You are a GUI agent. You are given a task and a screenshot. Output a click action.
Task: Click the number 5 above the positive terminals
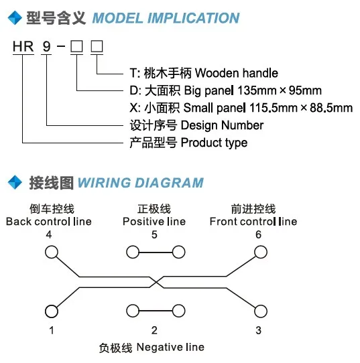tap(154, 235)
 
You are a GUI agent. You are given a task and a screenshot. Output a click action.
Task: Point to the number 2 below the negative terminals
tap(154, 330)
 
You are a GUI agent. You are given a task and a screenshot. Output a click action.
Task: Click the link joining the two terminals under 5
tap(156, 252)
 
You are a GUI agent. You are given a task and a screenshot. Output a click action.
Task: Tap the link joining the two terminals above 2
tap(156, 311)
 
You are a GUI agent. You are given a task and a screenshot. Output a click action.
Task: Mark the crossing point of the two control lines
tap(157, 282)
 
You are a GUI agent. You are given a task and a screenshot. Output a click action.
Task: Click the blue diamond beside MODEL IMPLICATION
tap(15, 17)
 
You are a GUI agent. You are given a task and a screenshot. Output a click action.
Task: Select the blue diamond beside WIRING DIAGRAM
tap(15, 182)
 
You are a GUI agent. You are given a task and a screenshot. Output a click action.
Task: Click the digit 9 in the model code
tap(46, 46)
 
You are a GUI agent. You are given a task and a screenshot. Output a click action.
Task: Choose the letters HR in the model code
tap(23, 46)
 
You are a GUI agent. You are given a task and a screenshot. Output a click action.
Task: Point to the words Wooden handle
tap(237, 73)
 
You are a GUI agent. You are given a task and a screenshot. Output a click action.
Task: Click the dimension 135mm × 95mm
tap(280, 90)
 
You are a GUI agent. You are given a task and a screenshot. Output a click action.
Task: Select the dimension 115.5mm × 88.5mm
tap(301, 108)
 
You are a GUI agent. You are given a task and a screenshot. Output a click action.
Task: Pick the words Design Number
tap(222, 126)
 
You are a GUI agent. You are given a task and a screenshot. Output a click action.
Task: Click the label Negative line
tap(170, 347)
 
